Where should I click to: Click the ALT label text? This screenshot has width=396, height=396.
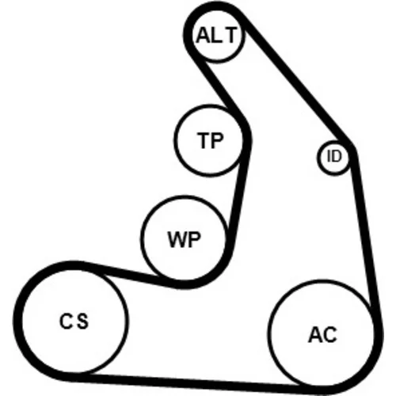coord(216,35)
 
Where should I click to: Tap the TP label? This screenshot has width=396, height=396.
coord(211,140)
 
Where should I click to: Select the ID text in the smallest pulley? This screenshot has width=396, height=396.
coord(334,156)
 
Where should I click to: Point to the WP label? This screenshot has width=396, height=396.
coord(185,239)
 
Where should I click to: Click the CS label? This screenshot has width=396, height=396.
coord(74,321)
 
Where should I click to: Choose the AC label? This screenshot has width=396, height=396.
coord(322,335)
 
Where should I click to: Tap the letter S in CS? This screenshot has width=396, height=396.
coord(82,321)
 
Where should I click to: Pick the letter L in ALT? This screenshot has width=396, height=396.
coord(215,35)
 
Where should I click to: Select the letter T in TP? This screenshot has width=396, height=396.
coord(204,140)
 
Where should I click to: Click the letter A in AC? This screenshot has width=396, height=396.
coord(315,335)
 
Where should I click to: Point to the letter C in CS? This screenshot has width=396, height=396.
coord(66,321)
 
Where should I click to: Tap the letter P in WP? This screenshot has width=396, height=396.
coord(195,239)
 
